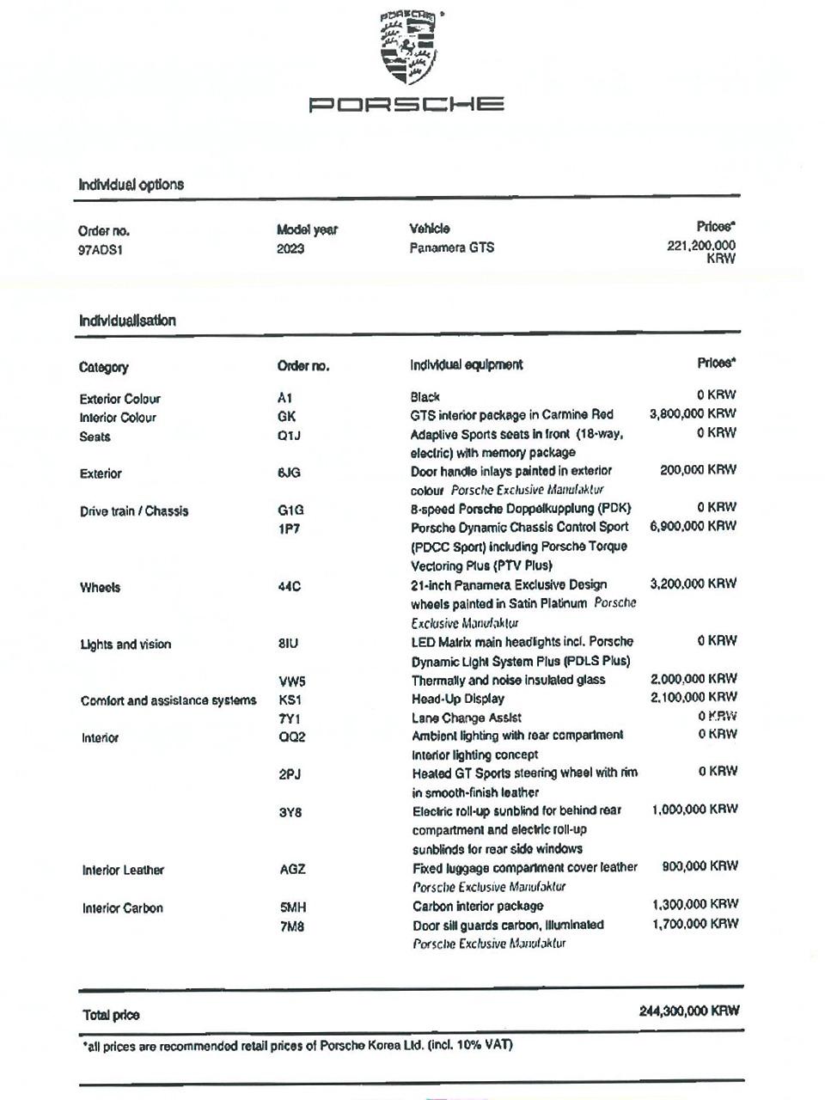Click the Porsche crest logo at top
tap(407, 47)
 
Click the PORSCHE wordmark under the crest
tap(406, 105)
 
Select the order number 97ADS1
tap(101, 251)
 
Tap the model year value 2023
tap(290, 249)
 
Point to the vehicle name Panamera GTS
tap(451, 247)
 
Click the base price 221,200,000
tap(701, 246)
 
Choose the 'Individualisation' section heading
tap(127, 321)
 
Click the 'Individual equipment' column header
tap(466, 364)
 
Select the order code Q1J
tap(289, 436)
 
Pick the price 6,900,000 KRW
tap(693, 526)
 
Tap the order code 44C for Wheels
tap(289, 586)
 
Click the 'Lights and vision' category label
tap(125, 645)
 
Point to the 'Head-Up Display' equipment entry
tap(457, 699)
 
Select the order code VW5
tap(292, 681)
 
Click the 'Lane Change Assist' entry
tap(466, 718)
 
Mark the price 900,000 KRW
tap(700, 866)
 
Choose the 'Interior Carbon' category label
tap(122, 907)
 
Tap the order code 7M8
tap(292, 926)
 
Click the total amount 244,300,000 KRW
tap(689, 1011)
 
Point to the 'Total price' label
tap(111, 1015)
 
